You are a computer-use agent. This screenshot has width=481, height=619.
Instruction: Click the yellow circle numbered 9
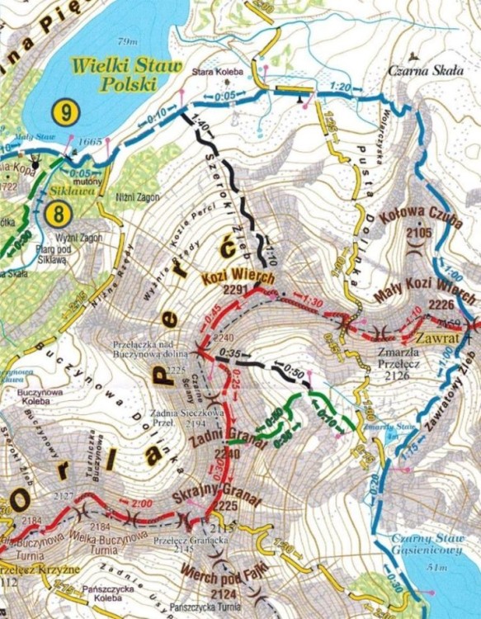(64, 110)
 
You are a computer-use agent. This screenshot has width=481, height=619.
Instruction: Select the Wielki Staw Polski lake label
(114, 71)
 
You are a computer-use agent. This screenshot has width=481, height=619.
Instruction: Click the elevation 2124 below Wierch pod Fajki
(222, 593)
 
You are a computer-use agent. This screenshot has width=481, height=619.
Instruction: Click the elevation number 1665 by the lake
(90, 142)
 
